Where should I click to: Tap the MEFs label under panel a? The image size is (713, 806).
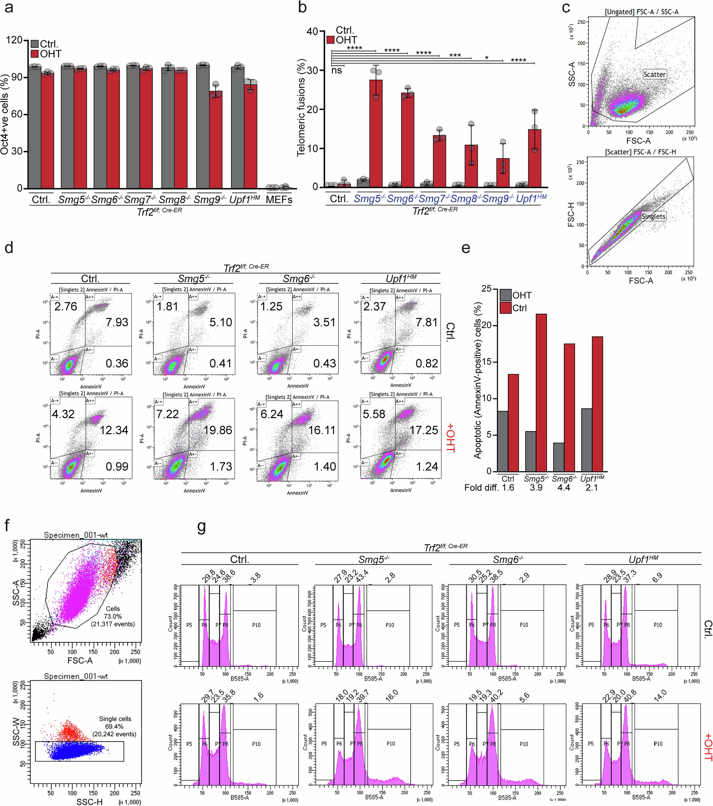(x=279, y=200)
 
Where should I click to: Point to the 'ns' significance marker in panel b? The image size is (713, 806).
(x=336, y=71)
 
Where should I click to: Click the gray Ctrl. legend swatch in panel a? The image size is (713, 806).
(x=35, y=44)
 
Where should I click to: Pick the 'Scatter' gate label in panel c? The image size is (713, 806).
(x=654, y=74)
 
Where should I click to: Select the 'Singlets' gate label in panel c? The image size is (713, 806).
(x=653, y=216)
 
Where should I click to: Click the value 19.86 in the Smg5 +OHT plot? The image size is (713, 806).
(x=218, y=430)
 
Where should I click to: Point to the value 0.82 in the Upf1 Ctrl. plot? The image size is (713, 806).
(x=427, y=363)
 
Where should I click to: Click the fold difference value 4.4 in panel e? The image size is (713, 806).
(x=564, y=488)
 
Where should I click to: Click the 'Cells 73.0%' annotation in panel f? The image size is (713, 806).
(x=113, y=616)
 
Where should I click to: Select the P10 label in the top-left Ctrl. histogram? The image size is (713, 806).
(x=256, y=625)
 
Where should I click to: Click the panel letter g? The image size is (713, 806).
(x=201, y=526)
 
